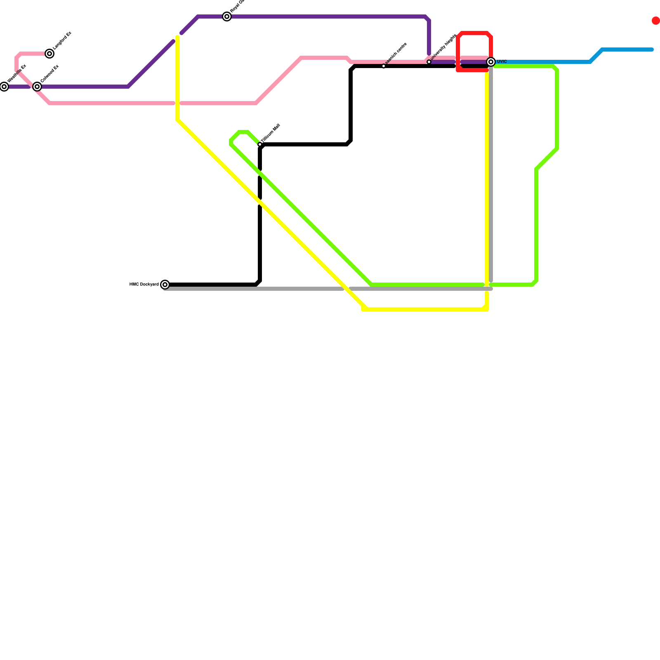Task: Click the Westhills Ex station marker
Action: pos(4,87)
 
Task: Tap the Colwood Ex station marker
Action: pos(37,87)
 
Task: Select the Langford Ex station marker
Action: pos(49,54)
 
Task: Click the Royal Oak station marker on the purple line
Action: pos(227,16)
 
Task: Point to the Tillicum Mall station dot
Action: pos(260,144)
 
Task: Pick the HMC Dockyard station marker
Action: pos(165,285)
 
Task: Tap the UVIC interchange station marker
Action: pos(491,62)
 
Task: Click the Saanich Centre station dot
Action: pos(384,66)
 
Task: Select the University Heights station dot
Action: pos(429,62)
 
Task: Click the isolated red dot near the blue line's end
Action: pos(655,21)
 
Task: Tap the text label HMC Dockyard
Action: pos(144,285)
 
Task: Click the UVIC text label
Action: pos(502,62)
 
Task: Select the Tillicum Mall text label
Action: pos(271,133)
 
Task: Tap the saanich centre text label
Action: pos(396,54)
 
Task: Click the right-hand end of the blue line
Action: pos(652,50)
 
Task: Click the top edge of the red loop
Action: pos(474,33)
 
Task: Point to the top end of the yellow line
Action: pos(177,38)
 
